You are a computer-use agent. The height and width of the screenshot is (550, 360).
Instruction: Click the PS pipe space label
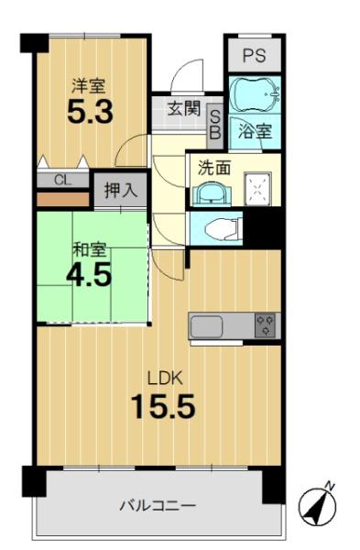coord(255,55)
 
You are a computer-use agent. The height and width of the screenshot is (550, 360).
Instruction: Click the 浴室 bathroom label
coord(255,131)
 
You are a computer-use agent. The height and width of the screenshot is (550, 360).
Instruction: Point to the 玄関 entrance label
coord(183,108)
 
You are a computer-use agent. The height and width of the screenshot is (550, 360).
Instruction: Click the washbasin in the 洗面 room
coord(212,193)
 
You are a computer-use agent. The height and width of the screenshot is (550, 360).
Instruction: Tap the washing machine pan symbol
coord(257,189)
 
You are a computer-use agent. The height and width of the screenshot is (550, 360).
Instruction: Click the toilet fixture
coord(224,229)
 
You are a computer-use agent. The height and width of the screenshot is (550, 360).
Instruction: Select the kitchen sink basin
coord(206,325)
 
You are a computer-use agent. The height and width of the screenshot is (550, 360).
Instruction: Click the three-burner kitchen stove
coord(265,325)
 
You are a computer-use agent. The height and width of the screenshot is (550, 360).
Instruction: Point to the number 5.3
coord(90,111)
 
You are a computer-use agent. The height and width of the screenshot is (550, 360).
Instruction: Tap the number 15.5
coord(163,406)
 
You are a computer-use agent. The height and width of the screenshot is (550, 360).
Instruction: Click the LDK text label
coord(164,379)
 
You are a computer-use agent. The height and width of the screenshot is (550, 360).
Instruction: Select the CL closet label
coord(62,181)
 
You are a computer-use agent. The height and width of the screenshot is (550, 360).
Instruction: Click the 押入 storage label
coord(120,191)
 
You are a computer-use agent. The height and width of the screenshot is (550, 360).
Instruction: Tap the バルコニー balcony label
coord(158,506)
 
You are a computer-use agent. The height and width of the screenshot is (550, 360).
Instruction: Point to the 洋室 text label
coord(88,86)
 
